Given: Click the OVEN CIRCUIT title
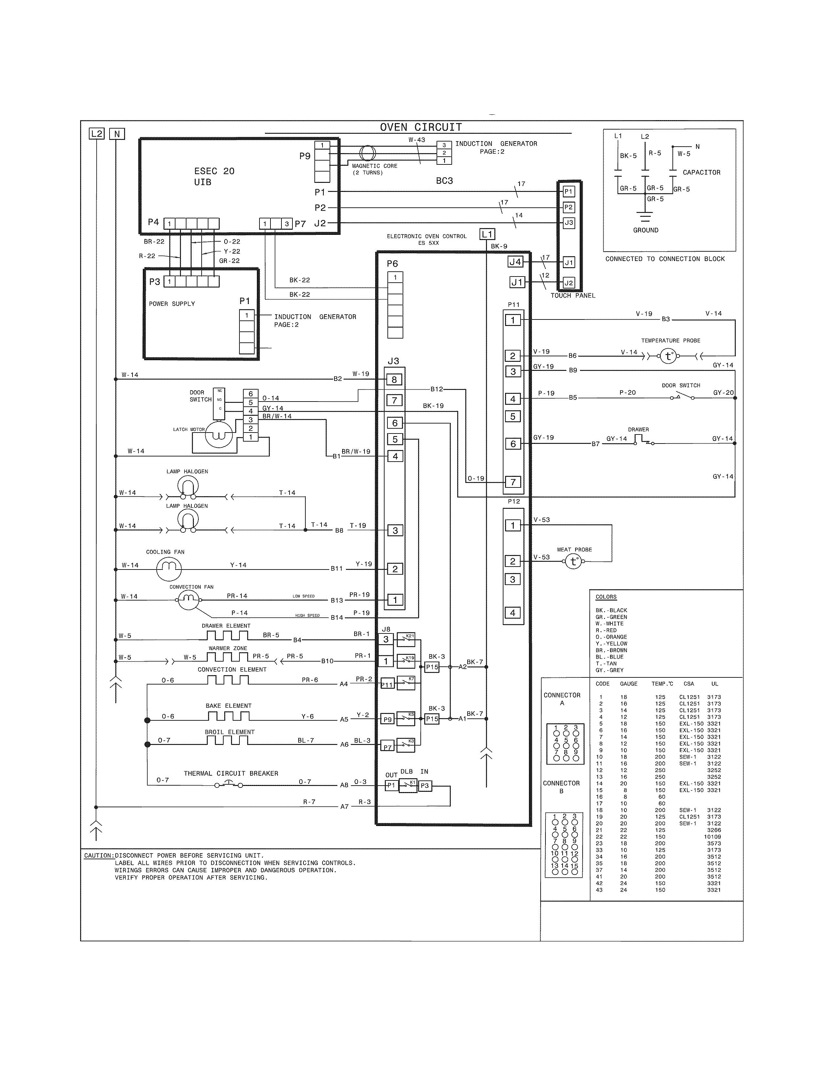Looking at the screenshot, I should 421,127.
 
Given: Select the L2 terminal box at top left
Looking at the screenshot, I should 97,134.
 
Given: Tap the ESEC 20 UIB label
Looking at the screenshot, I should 214,176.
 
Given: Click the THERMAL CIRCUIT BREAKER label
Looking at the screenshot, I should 231,773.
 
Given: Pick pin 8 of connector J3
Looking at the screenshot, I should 395,379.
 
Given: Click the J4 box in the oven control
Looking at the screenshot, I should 515,262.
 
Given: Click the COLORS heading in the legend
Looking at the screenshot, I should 606,597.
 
